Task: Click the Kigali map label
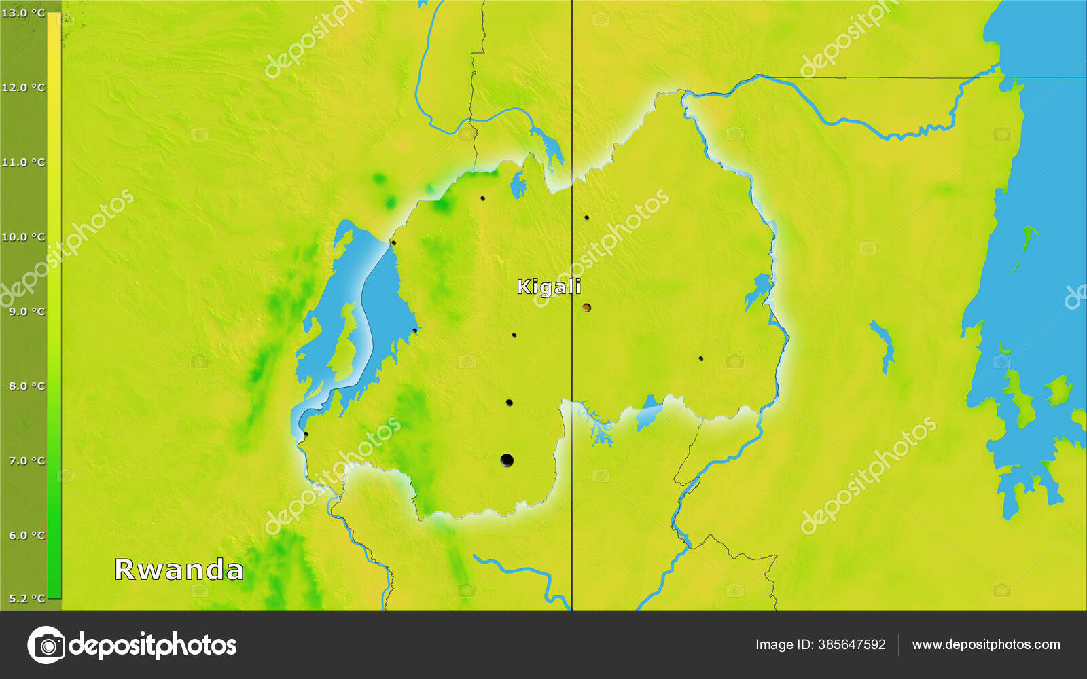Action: (549, 287)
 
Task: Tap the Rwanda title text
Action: (179, 570)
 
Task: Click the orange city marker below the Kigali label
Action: (586, 308)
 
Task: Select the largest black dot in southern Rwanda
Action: (507, 460)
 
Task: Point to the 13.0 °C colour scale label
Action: (23, 13)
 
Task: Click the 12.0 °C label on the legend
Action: (23, 88)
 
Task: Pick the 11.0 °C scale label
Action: (23, 162)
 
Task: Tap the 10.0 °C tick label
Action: (23, 237)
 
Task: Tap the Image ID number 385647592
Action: (852, 644)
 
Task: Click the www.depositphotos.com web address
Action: (986, 644)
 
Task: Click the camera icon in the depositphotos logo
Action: (46, 644)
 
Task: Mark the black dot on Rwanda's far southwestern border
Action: (306, 434)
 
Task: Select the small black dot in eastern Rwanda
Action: (700, 359)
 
